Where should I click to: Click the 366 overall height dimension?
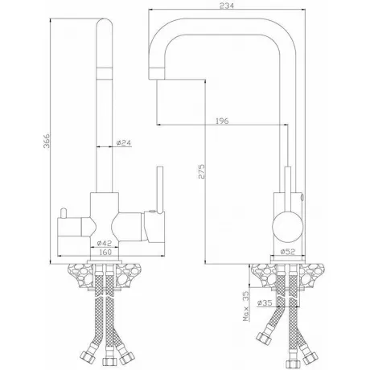tap(47, 141)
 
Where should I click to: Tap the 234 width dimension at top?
tap(227, 6)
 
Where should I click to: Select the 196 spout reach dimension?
tap(222, 121)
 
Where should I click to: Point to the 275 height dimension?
tap(201, 171)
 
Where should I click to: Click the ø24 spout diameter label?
tap(124, 143)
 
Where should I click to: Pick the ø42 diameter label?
tap(105, 243)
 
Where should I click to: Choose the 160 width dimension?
tap(105, 252)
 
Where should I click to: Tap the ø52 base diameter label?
tap(287, 252)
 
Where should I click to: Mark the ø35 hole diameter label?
tap(265, 303)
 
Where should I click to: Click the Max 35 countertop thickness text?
tap(246, 306)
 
